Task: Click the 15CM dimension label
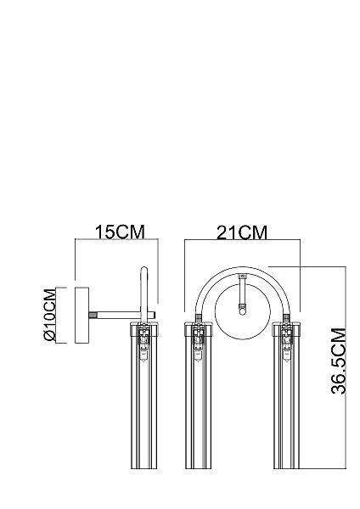coord(120,232)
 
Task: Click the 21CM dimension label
coord(242,232)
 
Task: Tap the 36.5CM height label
coord(339,361)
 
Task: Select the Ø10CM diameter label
coord(50,316)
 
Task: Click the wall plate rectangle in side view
coord(82,315)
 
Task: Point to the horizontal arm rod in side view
coord(126,315)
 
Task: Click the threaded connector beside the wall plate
coord(93,315)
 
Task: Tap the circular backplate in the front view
coord(243,311)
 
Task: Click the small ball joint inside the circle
coord(242,311)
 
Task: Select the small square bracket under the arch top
coord(242,277)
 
